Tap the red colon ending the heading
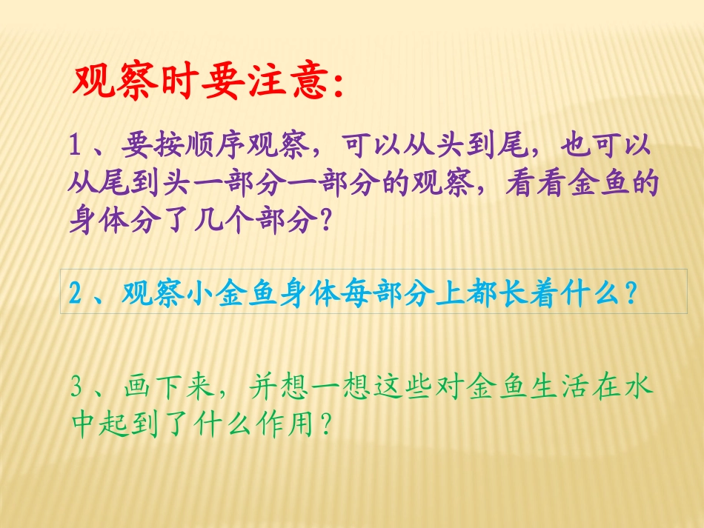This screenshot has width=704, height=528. (338, 87)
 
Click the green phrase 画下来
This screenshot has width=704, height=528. (166, 387)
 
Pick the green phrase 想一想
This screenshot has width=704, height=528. (342, 387)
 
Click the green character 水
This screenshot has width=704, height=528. (640, 387)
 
